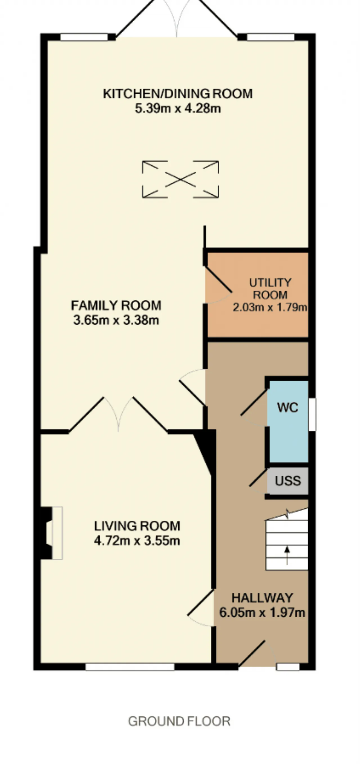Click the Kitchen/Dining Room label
pyautogui.click(x=178, y=94)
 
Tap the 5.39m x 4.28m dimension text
pyautogui.click(x=178, y=108)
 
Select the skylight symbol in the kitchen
pyautogui.click(x=180, y=179)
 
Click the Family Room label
pyautogui.click(x=116, y=305)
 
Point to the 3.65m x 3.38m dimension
pyautogui.click(x=116, y=320)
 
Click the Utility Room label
pyautogui.click(x=270, y=289)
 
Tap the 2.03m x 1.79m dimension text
pyautogui.click(x=270, y=307)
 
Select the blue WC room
pyautogui.click(x=288, y=421)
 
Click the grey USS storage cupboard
pyautogui.click(x=287, y=481)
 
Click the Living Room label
pyautogui.click(x=137, y=526)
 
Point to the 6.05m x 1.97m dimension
pyautogui.click(x=262, y=612)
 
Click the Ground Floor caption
pyautogui.click(x=179, y=721)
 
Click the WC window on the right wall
pyautogui.click(x=312, y=414)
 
